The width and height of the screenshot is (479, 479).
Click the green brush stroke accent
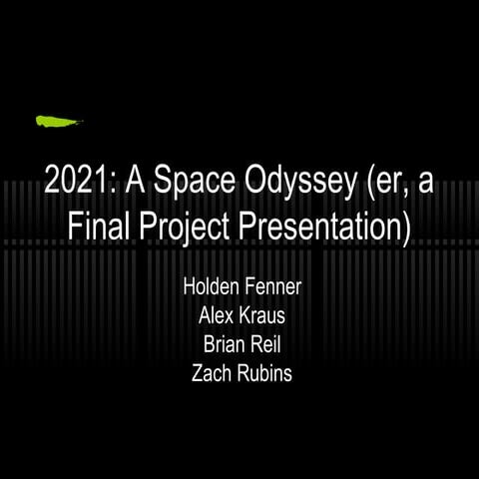tap(58, 122)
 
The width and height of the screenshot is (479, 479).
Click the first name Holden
tap(212, 287)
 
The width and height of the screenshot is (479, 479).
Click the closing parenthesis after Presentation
tap(405, 228)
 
